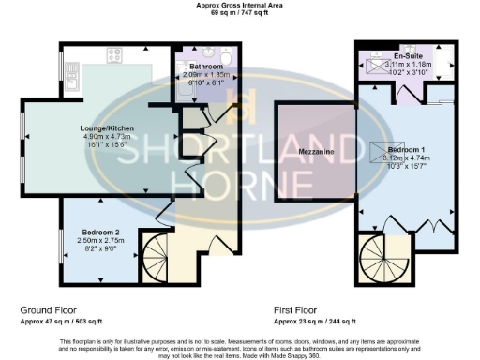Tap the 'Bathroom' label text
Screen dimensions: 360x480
(x=204, y=67)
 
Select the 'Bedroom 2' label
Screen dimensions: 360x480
(x=97, y=230)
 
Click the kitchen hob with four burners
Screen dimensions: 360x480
(x=114, y=54)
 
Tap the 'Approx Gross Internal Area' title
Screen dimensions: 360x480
(x=239, y=5)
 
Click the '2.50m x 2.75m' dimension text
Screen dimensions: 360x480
(x=97, y=239)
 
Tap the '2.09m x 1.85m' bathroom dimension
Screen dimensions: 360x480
(x=204, y=76)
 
